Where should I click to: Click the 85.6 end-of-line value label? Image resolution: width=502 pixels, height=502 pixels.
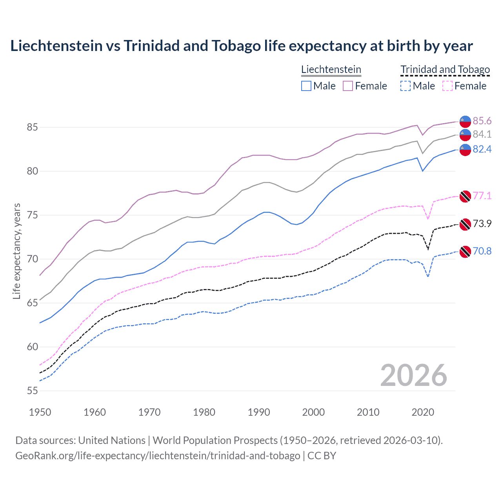pos(482,121)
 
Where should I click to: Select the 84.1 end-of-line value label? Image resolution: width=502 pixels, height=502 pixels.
pos(482,134)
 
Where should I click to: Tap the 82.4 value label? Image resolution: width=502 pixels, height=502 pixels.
pos(482,149)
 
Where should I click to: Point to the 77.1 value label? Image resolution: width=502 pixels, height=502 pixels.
pos(482,196)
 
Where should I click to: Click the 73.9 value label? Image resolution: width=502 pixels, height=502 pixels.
pos(482,224)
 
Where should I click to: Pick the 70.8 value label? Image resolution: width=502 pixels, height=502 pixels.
pos(482,251)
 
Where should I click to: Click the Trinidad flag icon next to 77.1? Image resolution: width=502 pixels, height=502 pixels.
pos(465,196)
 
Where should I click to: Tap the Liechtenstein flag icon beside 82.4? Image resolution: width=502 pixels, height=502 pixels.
pos(465,150)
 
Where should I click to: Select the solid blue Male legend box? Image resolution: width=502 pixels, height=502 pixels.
pos(306,86)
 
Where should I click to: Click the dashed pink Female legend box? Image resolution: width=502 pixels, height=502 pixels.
pos(447,86)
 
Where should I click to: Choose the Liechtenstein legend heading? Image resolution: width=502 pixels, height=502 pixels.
pos(331,69)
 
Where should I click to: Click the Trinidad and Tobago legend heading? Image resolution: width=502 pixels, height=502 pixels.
pos(445,69)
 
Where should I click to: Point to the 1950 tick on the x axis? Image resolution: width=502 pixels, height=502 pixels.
pos(40,412)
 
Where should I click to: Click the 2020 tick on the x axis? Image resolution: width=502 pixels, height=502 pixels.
pos(423,412)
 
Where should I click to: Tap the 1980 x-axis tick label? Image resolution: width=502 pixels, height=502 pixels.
pos(204,412)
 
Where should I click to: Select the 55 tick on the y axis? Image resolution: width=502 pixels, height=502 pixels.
pos(33,391)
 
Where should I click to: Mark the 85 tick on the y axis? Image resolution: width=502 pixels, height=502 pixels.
pos(33,127)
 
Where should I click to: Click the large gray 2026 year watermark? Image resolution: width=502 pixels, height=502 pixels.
pos(414,376)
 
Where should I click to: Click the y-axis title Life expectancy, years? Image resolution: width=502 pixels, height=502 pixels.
pos(16,251)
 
